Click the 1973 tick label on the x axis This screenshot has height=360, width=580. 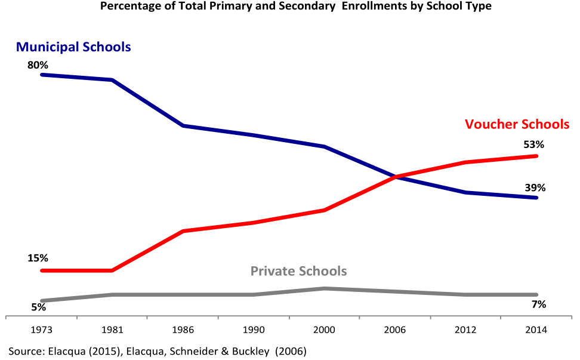(x=41, y=330)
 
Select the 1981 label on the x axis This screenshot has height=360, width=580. (x=112, y=330)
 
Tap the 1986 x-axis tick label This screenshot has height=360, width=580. (x=183, y=330)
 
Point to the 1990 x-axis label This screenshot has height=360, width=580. (x=254, y=330)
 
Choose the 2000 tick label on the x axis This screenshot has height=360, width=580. (x=325, y=330)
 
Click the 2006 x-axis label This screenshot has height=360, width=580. (x=396, y=330)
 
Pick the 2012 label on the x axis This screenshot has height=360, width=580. (x=466, y=330)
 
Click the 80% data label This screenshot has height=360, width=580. (x=38, y=64)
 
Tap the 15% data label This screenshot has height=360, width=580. (x=38, y=259)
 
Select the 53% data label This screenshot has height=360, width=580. (x=534, y=144)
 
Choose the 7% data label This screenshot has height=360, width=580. (x=539, y=304)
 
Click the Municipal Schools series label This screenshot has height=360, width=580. (x=73, y=47)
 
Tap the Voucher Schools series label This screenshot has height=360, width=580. (x=517, y=124)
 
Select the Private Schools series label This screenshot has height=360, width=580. (x=298, y=271)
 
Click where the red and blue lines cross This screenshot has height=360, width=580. (x=396, y=176)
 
